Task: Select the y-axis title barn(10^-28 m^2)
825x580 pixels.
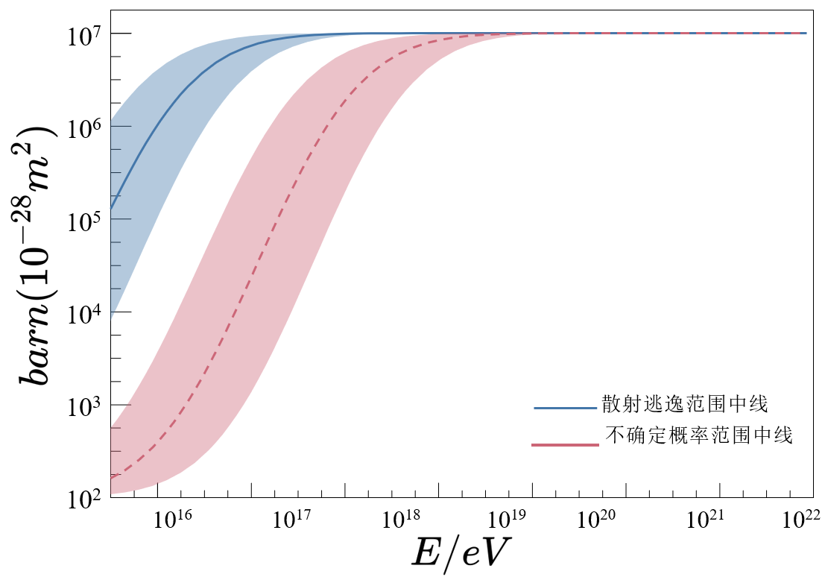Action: [37, 253]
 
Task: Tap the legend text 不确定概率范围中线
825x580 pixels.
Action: [698, 436]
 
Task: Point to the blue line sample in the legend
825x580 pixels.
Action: [565, 409]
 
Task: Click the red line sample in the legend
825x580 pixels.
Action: [565, 444]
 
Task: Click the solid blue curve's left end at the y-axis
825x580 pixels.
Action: [111, 208]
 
